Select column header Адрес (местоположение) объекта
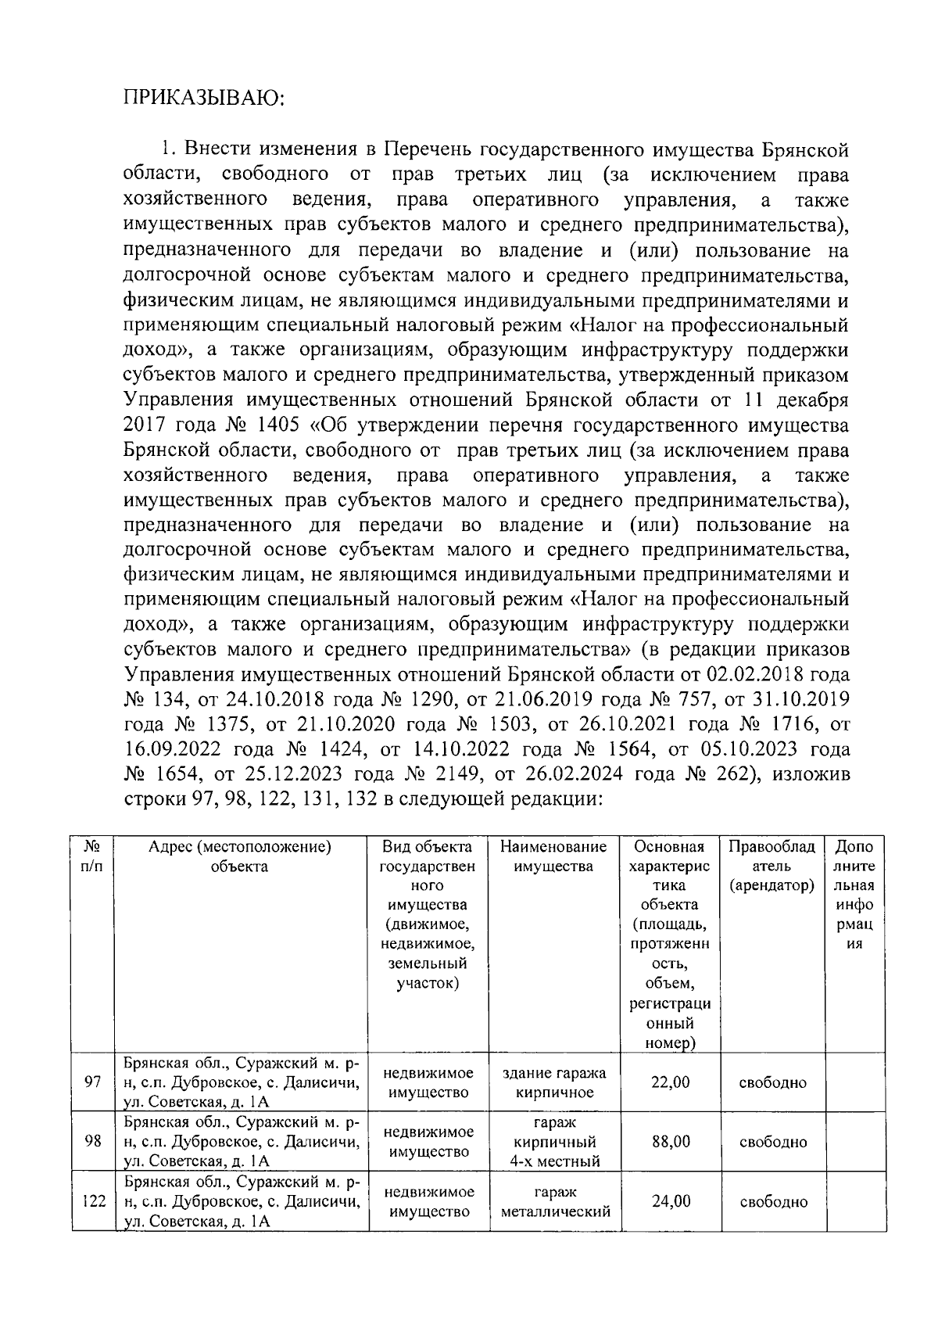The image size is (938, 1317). tap(240, 856)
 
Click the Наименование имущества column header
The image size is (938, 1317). tap(553, 856)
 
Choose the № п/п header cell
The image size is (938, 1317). tap(92, 856)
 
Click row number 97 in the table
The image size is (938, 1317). tap(92, 1083)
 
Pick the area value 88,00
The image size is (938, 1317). tap(671, 1142)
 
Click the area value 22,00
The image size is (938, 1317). tap(671, 1083)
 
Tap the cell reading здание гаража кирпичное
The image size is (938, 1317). tap(553, 1083)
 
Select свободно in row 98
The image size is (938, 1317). tap(772, 1143)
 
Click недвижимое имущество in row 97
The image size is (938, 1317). tap(428, 1083)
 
